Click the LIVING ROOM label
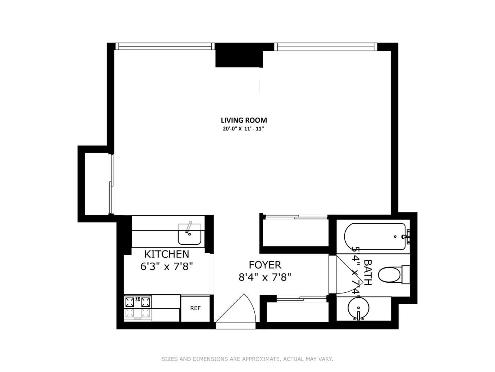244,120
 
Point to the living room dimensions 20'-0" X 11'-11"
243,129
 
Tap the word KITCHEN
166,254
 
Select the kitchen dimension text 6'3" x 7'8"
166,266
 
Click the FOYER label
265,265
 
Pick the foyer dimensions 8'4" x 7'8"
265,277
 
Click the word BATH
367,272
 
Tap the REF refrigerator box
195,308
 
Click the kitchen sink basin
189,235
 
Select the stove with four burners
138,307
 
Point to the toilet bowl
390,275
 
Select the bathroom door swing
347,275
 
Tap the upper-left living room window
165,46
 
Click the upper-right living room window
325,46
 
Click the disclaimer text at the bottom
247,359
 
